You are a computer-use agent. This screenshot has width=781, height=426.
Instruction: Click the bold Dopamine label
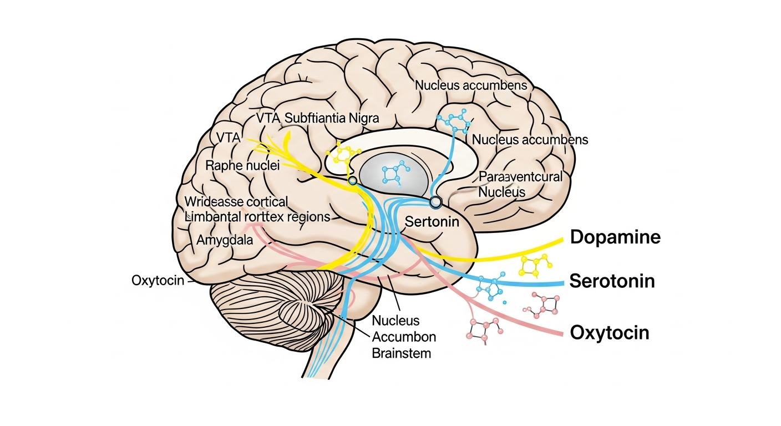pyautogui.click(x=615, y=237)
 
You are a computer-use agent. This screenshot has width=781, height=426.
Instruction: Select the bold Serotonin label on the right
pyautogui.click(x=612, y=281)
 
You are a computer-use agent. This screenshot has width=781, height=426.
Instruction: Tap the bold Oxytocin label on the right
pyautogui.click(x=609, y=333)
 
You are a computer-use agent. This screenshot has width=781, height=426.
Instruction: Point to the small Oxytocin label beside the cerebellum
pyautogui.click(x=158, y=280)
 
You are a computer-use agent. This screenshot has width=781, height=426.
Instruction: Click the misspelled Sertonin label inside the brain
pyautogui.click(x=432, y=222)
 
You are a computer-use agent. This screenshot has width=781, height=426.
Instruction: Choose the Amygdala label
pyautogui.click(x=225, y=241)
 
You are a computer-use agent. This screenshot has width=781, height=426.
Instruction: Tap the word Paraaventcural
pyautogui.click(x=520, y=177)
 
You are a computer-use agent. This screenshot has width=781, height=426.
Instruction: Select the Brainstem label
pyautogui.click(x=402, y=352)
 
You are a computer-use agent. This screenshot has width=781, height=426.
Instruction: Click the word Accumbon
pyautogui.click(x=404, y=337)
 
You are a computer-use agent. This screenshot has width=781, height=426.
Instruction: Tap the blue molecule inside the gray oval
pyautogui.click(x=395, y=173)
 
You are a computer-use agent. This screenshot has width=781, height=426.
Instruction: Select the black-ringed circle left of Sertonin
pyautogui.click(x=435, y=202)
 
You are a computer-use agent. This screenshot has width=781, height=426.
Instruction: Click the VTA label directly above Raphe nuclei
pyautogui.click(x=225, y=137)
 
